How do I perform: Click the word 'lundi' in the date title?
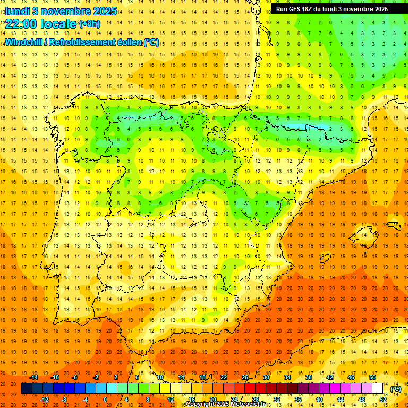pos(18,11)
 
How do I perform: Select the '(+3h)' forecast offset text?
pos(89,24)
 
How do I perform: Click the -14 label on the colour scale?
pos(35,377)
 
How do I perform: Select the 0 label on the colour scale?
pos(105,399)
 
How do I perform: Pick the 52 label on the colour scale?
pos(384,399)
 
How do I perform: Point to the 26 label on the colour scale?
pos(245,377)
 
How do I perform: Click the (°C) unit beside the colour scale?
pos(396,388)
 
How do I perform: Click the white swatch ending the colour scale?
pos(378,388)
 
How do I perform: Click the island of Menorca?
pos(394,225)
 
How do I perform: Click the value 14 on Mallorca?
pos(363,234)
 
